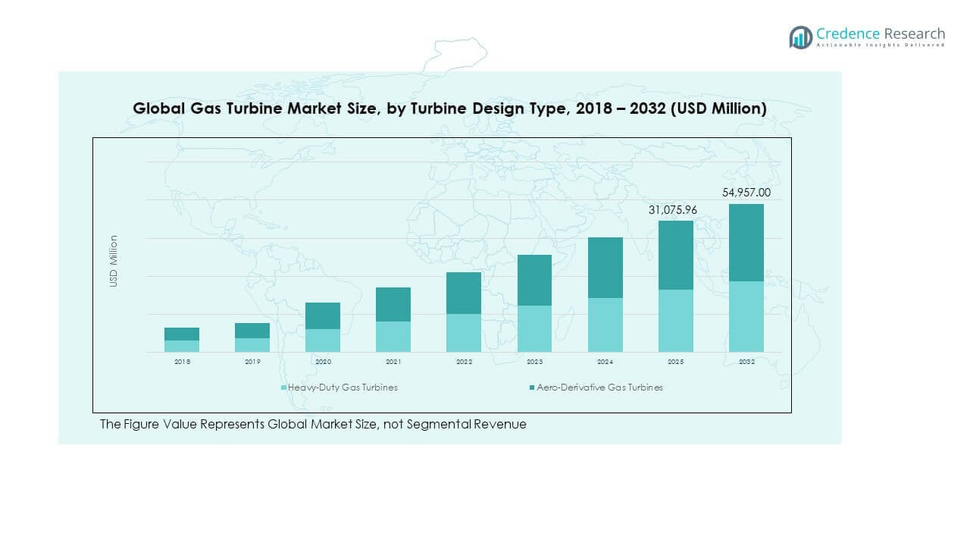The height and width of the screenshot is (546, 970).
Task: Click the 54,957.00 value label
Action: click(x=746, y=193)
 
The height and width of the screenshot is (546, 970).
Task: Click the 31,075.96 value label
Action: click(x=675, y=209)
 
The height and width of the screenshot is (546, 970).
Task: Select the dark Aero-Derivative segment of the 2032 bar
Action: click(x=746, y=243)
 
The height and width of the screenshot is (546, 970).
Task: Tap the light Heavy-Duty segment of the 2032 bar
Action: click(x=746, y=316)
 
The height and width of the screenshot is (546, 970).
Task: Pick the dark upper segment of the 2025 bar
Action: click(x=675, y=255)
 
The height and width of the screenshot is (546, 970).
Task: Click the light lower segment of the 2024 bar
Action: click(x=605, y=325)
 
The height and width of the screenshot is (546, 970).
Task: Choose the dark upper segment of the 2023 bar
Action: click(x=534, y=280)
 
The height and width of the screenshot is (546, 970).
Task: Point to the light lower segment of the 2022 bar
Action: click(x=464, y=333)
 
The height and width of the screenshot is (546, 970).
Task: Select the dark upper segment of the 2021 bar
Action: click(x=393, y=304)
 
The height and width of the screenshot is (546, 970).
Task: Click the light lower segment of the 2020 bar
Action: click(x=323, y=340)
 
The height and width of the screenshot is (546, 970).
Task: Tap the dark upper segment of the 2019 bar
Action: click(x=252, y=331)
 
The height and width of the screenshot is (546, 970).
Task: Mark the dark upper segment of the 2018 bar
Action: click(x=182, y=334)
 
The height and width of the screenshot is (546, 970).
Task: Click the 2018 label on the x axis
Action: click(x=182, y=362)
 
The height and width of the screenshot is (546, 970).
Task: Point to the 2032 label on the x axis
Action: click(x=746, y=362)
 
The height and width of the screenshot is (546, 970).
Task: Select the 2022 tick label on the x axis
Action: click(x=464, y=362)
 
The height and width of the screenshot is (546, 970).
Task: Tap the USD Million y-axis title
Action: click(x=114, y=261)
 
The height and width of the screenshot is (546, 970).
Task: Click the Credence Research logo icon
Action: click(x=800, y=37)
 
